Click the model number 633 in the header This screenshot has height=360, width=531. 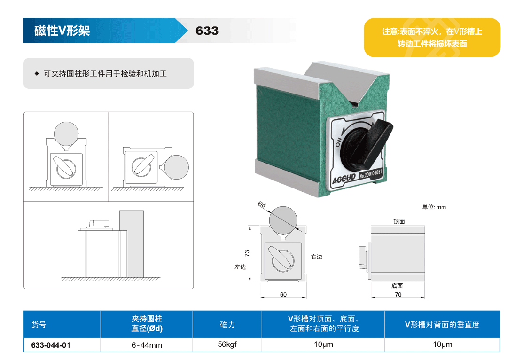(207, 31)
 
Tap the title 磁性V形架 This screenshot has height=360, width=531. (62, 31)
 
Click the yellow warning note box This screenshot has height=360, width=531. (432, 38)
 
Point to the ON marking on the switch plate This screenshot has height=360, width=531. (337, 143)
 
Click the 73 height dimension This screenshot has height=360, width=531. (247, 253)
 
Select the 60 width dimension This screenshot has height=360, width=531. (283, 295)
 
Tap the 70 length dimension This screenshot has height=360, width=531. (398, 295)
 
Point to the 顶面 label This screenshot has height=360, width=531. (399, 221)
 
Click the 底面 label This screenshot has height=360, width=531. (397, 286)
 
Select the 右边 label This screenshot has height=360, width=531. (317, 257)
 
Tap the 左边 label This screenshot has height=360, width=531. (240, 267)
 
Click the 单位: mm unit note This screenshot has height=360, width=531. (434, 207)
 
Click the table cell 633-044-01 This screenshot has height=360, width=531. (51, 345)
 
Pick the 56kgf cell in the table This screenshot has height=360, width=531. (227, 344)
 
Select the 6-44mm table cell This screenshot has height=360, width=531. (147, 345)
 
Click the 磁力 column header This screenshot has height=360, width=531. (227, 325)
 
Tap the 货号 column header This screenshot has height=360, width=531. (39, 325)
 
